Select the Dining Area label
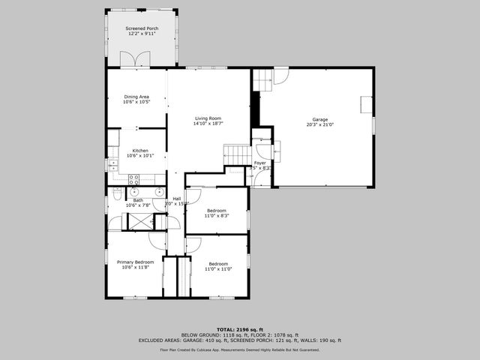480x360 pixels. click(x=136, y=97)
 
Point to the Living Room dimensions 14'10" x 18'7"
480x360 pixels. click(x=208, y=123)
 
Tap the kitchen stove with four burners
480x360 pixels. click(x=134, y=179)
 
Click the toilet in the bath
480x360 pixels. click(x=118, y=194)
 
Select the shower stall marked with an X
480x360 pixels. click(x=137, y=221)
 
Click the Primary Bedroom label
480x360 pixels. click(x=135, y=262)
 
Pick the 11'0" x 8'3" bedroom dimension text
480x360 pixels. click(x=217, y=215)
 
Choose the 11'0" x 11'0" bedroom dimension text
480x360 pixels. click(x=218, y=268)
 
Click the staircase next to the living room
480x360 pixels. click(x=237, y=155)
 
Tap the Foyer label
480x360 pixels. click(x=260, y=163)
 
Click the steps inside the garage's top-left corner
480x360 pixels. click(x=261, y=78)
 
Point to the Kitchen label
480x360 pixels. click(x=140, y=151)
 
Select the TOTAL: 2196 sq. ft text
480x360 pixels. click(x=240, y=329)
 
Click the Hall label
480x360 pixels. click(x=177, y=198)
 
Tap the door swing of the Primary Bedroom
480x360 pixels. click(x=157, y=241)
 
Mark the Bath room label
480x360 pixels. click(x=138, y=200)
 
